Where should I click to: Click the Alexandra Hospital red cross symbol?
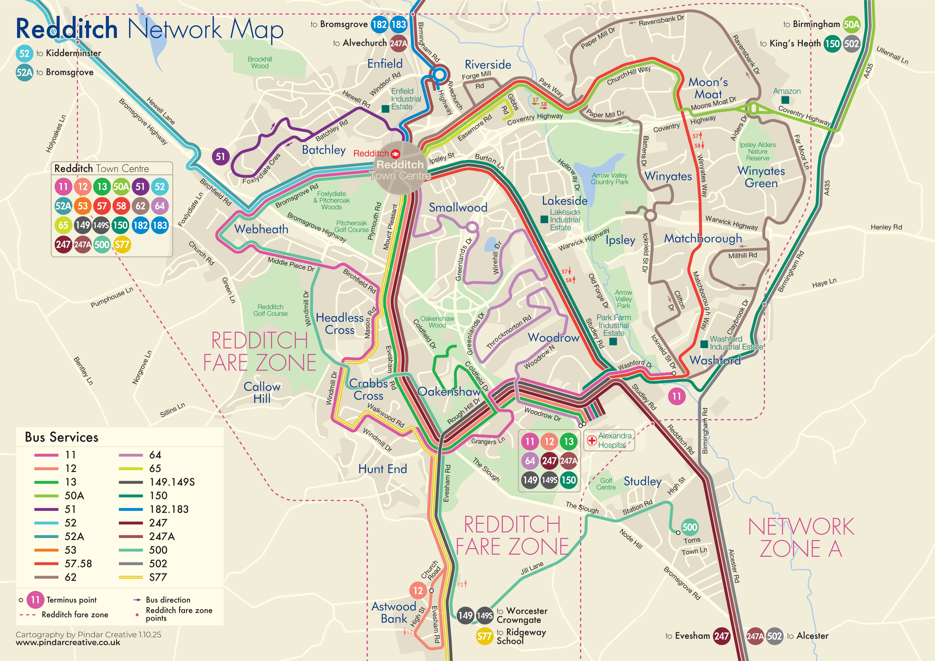592,440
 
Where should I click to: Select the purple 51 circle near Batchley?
220,157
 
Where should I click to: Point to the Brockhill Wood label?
260,63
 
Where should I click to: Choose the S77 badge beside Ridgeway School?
484,636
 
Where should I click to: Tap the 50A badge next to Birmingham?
851,25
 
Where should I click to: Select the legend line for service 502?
131,564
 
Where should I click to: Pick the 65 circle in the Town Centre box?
63,225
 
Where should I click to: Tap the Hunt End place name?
382,469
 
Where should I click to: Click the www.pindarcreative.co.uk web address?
68,643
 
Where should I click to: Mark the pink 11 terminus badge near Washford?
676,396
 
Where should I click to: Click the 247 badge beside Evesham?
721,636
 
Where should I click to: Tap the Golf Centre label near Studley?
606,484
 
